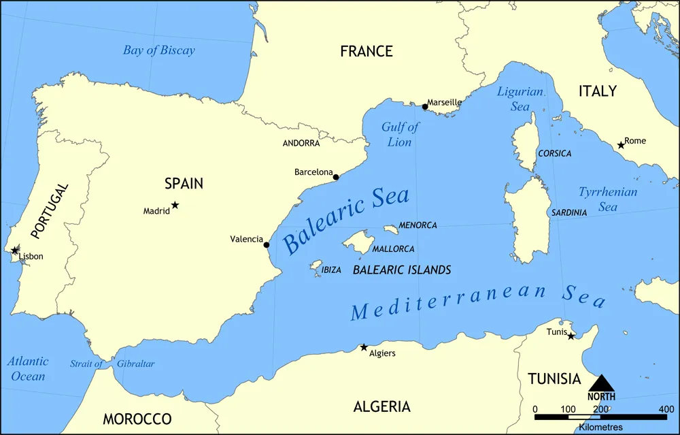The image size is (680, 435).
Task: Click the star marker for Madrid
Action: click(x=175, y=205)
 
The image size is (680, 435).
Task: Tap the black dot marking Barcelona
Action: click(x=336, y=177)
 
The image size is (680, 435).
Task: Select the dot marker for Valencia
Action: click(x=266, y=245)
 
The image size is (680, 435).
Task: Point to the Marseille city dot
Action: click(x=425, y=106)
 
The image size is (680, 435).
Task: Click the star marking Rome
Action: click(x=621, y=145)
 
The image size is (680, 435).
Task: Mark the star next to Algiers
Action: click(x=364, y=347)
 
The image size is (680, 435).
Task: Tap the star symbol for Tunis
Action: click(x=571, y=336)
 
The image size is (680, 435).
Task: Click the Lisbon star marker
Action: click(x=14, y=250)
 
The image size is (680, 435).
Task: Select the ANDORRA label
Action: click(x=301, y=144)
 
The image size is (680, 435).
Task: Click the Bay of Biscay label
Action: click(x=158, y=50)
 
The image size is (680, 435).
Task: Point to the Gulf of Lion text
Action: click(x=400, y=134)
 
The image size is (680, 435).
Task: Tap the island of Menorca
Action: click(x=390, y=229)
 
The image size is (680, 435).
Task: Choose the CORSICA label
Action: click(x=554, y=154)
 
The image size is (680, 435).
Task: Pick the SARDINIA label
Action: click(x=569, y=212)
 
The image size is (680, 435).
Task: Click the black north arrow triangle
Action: click(x=602, y=383)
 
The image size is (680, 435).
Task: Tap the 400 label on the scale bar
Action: click(x=666, y=408)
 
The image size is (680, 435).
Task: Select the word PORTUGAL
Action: click(x=50, y=210)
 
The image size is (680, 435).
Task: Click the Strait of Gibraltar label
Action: click(x=112, y=364)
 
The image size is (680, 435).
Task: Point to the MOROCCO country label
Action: click(x=137, y=419)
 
